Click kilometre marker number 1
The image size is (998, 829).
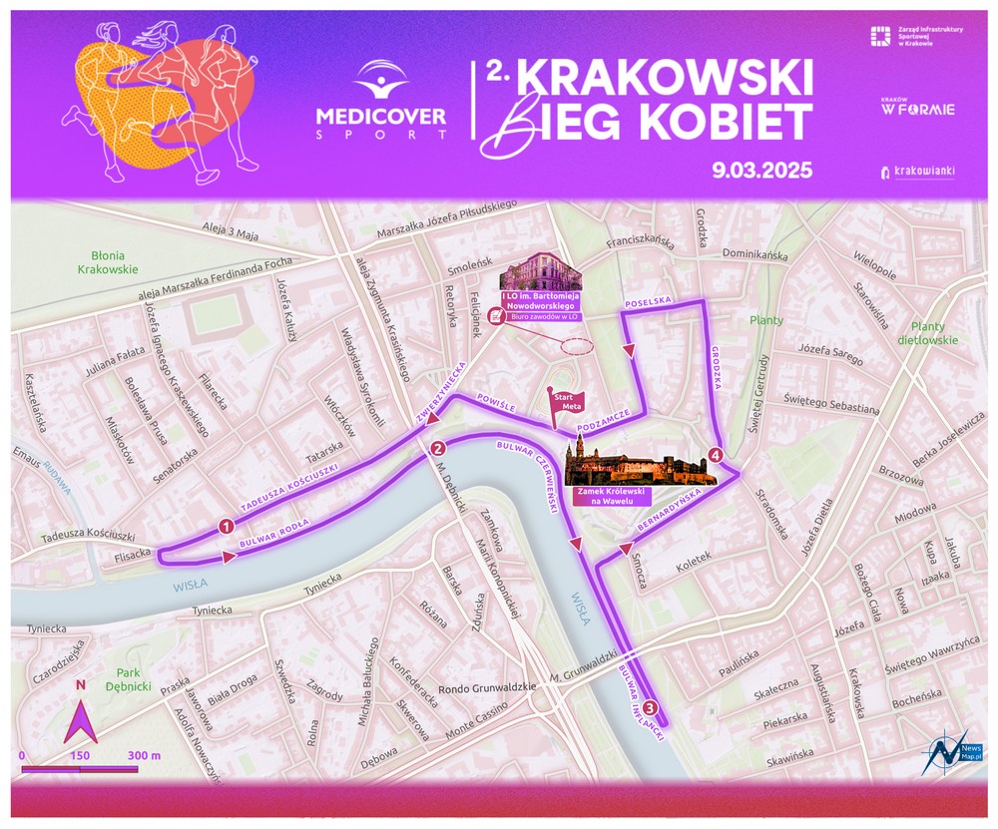click(226, 526)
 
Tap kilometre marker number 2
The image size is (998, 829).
click(437, 448)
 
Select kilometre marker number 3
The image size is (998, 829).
click(650, 708)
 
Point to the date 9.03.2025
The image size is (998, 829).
click(761, 170)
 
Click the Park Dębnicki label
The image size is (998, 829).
click(133, 679)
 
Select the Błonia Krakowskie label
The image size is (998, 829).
click(107, 261)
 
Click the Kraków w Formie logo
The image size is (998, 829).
click(917, 107)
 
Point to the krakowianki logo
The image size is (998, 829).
click(916, 172)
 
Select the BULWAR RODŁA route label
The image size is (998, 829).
click(274, 534)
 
